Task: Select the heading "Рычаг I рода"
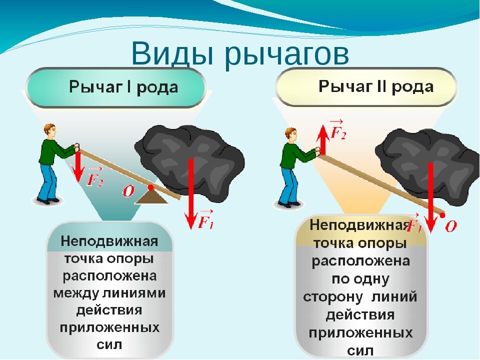click(x=123, y=87)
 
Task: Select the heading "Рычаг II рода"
click(x=376, y=86)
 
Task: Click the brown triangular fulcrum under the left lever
click(x=151, y=196)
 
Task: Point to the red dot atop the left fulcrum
click(x=150, y=188)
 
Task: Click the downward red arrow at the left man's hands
click(x=77, y=166)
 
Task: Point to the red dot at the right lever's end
click(x=443, y=215)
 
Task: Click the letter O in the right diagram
click(x=450, y=226)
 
